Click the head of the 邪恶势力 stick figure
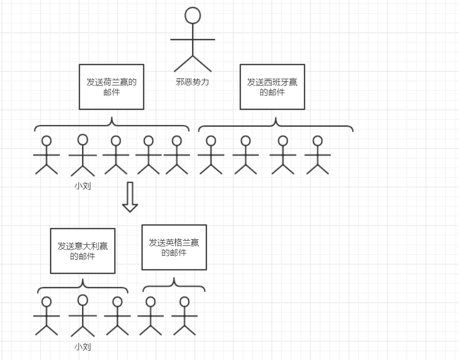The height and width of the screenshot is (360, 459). click(x=193, y=15)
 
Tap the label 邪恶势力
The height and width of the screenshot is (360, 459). click(x=193, y=82)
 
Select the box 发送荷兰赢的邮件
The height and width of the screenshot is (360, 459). click(x=112, y=87)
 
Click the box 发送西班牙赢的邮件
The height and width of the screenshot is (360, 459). click(x=272, y=87)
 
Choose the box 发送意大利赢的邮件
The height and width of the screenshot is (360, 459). click(x=83, y=251)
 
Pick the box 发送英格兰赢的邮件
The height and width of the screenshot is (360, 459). click(x=174, y=247)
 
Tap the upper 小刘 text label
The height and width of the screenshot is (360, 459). click(x=83, y=186)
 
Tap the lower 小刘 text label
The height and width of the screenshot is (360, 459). click(x=83, y=347)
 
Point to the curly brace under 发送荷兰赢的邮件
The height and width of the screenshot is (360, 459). click(x=112, y=124)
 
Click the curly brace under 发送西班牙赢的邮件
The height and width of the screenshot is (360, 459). click(x=276, y=124)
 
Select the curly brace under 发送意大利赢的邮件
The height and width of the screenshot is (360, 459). click(x=83, y=286)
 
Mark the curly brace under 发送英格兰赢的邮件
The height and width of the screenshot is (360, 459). click(x=174, y=285)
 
